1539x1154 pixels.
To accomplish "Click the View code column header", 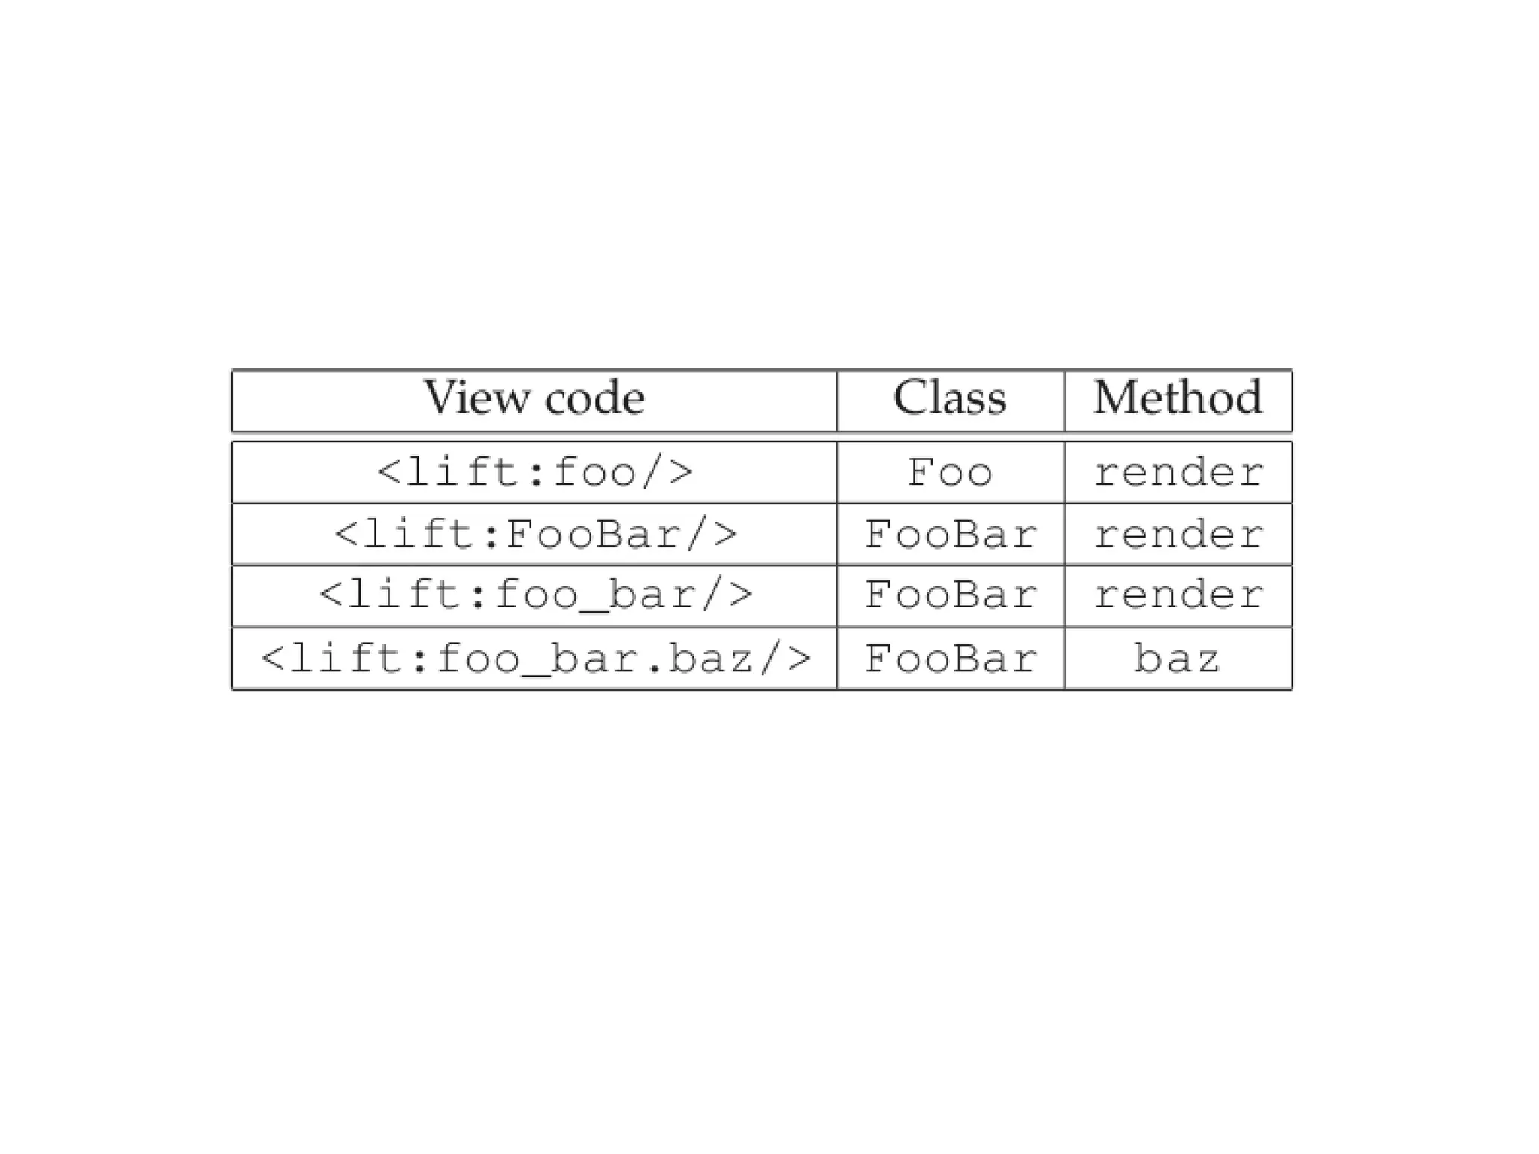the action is [534, 398].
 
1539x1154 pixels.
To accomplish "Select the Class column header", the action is [950, 398].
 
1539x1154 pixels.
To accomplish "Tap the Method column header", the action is [1178, 398].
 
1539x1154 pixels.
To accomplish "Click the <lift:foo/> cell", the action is [534, 473].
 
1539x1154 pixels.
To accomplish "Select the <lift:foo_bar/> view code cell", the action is [534, 595].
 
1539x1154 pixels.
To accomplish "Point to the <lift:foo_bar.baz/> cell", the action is [534, 659].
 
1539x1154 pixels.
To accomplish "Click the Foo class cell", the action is [950, 473].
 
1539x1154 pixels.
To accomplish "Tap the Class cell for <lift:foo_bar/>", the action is [950, 595].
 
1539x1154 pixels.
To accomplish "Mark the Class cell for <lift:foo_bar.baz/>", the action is [950, 659].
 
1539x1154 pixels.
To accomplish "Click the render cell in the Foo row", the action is [1178, 473].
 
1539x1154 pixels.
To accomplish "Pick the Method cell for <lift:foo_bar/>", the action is [1178, 595].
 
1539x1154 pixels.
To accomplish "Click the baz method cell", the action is [1178, 659].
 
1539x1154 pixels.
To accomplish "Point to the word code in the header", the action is [594, 398].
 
